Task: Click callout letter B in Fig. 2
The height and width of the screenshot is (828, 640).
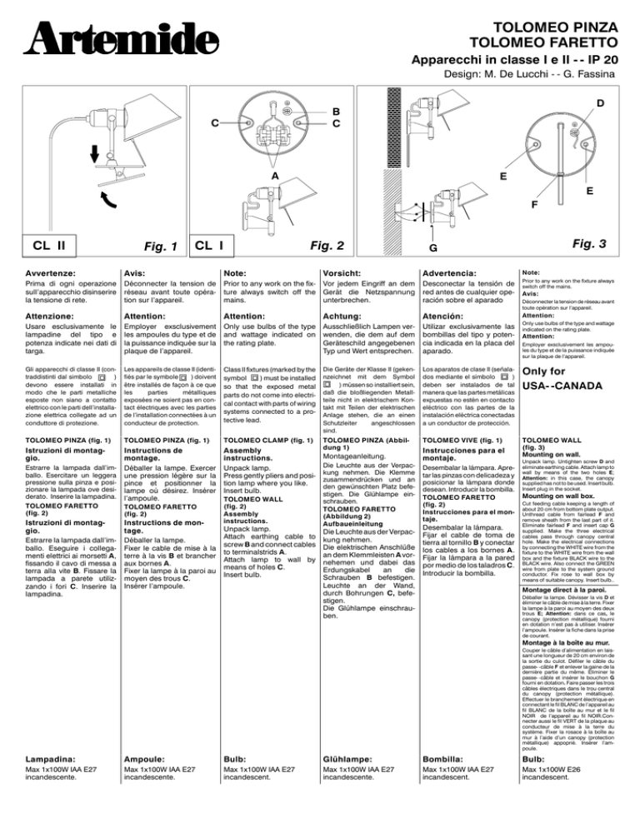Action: [x=335, y=110]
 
